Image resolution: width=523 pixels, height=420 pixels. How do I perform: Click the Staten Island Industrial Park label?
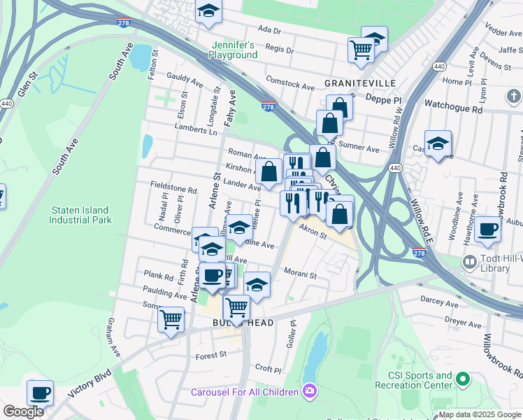click(x=80, y=214)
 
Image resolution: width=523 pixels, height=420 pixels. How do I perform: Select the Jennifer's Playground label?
click(x=234, y=50)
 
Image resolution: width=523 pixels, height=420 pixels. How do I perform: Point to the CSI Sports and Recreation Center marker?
click(x=461, y=379)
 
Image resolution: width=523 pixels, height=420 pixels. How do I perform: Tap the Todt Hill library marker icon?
click(x=470, y=262)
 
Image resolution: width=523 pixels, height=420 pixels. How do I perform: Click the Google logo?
click(x=23, y=412)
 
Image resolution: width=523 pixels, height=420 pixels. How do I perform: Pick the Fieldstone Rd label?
click(x=173, y=189)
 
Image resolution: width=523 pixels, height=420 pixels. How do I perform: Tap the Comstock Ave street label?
click(x=290, y=85)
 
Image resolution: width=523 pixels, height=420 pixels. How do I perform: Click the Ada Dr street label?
click(x=269, y=30)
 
